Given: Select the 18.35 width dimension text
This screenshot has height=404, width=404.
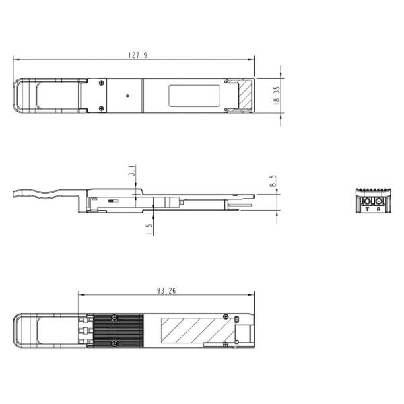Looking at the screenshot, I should pos(277,95).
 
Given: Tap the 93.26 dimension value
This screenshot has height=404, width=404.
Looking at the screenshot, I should pos(166,291).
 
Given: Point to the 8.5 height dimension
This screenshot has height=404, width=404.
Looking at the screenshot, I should pos(273,182).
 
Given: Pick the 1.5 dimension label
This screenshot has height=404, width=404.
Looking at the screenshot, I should pos(149,228).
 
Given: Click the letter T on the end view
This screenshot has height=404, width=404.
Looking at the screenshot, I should pos(366,210).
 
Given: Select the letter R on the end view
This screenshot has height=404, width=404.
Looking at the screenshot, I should pos(378,210).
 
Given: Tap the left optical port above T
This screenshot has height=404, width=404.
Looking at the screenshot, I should pos(367,201).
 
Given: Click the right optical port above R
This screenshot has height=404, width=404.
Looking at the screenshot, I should pos(378,201).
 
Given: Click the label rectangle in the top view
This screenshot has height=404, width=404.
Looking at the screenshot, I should pos(195,96).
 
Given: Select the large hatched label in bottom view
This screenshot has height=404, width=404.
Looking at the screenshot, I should pos(196,331).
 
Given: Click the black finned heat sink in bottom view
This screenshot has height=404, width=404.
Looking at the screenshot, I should pos(117,331).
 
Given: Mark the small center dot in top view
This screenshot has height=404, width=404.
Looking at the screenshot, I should pos(127,96).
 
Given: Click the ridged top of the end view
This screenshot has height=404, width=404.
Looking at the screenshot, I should pos(373,191).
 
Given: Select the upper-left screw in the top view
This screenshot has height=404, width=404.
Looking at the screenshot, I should pos(101,83).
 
